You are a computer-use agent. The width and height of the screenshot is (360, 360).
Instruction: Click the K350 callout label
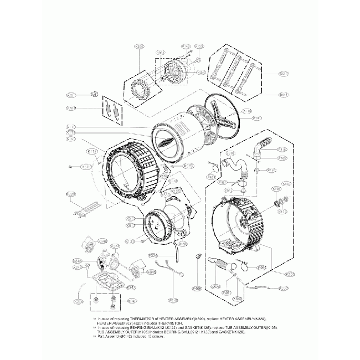tap(139, 47)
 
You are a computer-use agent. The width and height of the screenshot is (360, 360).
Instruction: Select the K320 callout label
tap(71, 194)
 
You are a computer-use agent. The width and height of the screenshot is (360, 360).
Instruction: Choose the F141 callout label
tap(173, 300)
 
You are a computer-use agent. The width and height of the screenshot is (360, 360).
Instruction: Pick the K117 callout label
tap(92, 151)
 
